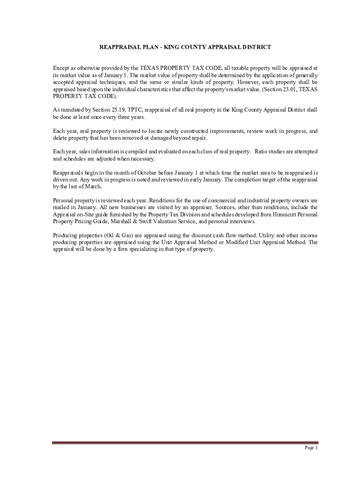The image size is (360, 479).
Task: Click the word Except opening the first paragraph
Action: pos(62,68)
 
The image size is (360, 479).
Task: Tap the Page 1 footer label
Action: pos(311,448)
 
